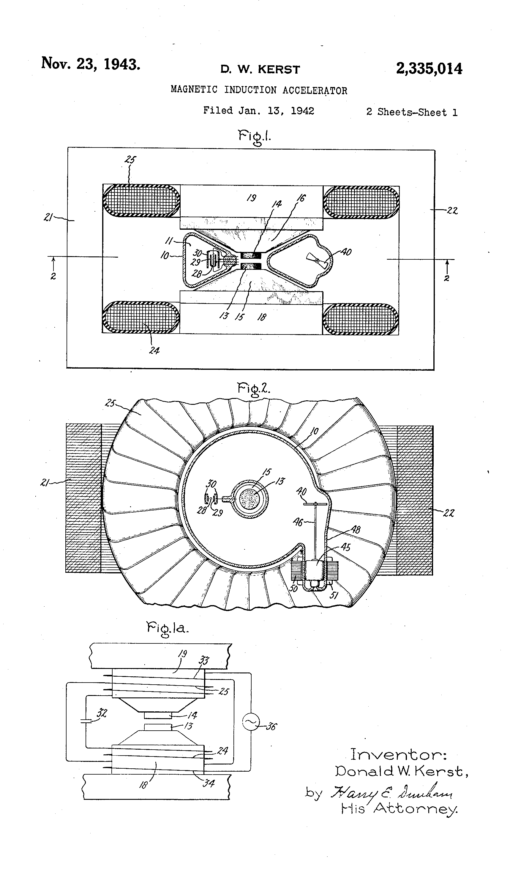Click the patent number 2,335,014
[x=429, y=69]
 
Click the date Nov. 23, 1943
[x=91, y=64]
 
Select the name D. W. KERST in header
[x=260, y=69]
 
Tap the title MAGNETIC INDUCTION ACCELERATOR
[x=259, y=90]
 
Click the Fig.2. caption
[x=253, y=389]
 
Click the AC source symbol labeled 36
[x=251, y=723]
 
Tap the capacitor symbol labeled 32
[x=86, y=720]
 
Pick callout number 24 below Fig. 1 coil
[x=154, y=350]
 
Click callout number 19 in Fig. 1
[x=251, y=198]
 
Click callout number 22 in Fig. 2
[x=449, y=513]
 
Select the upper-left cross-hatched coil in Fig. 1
[x=141, y=200]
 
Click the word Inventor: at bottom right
[x=398, y=754]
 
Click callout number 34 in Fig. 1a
[x=209, y=783]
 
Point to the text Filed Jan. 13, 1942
[x=258, y=111]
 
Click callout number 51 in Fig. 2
[x=334, y=595]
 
